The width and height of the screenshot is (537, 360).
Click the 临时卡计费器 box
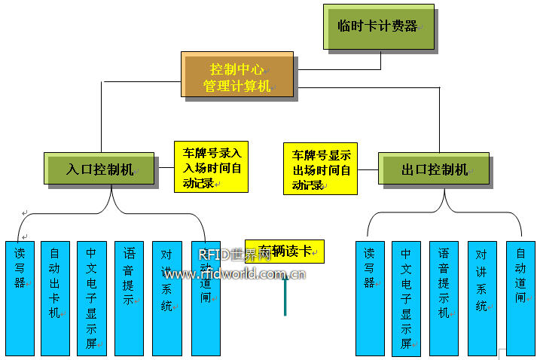379,26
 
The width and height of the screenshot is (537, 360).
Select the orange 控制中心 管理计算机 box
237,74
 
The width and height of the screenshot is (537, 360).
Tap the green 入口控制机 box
99,169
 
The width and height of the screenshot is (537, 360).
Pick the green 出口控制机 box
434,169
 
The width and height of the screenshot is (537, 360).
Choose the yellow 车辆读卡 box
285,251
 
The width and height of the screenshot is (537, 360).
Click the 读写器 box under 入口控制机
20,297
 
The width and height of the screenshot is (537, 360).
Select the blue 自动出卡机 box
54,297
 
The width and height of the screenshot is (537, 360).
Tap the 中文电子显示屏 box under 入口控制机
92,297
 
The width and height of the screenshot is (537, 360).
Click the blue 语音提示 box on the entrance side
129,297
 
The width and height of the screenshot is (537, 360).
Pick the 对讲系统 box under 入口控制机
166,297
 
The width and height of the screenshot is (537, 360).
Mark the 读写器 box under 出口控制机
370,297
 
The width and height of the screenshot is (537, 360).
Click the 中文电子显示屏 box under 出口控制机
406,297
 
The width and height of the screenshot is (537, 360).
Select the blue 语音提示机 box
444,297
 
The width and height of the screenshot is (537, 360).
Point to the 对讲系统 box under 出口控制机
482,297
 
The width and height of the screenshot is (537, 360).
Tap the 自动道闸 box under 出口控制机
520,297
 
